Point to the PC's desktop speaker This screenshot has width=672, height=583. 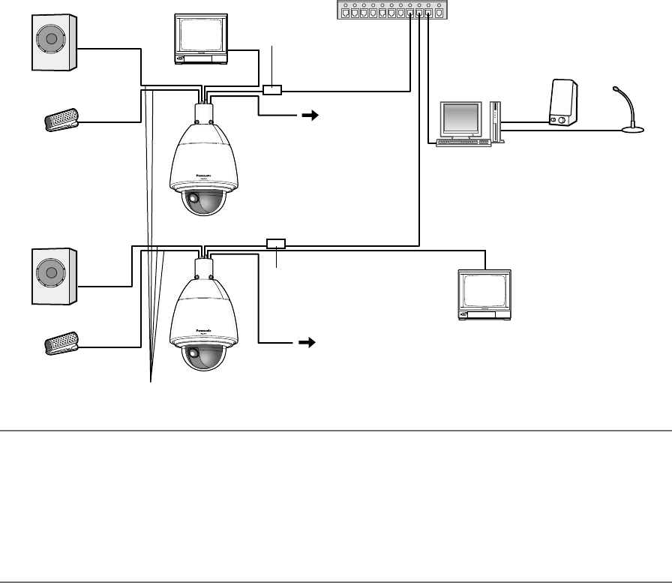562,103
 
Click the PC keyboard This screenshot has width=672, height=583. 463,142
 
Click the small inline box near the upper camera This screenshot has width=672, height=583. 272,90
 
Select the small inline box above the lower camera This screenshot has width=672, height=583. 276,243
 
